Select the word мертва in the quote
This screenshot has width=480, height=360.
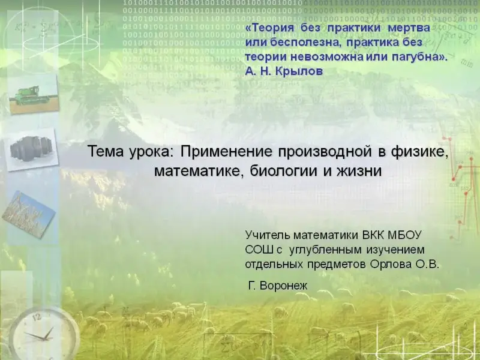(x=409, y=28)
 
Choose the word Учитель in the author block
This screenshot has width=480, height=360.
(x=266, y=235)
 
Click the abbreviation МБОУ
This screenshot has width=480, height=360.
(x=404, y=235)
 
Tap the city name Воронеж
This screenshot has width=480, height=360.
(x=283, y=286)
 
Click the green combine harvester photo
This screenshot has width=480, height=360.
(x=34, y=95)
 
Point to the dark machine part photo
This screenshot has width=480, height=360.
(x=31, y=149)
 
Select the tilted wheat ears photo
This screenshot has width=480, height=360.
(x=28, y=215)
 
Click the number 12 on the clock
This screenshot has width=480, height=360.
(x=37, y=317)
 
